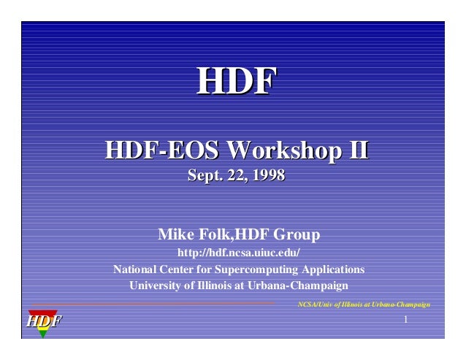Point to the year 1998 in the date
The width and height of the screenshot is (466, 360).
pos(270,175)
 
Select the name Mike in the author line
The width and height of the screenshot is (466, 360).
pos(174,235)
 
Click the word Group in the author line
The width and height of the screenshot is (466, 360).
pos(297,235)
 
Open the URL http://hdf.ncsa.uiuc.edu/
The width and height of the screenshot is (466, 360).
pos(239,253)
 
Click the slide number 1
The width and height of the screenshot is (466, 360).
pos(405,321)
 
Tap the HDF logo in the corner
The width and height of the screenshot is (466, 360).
pos(44,321)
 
